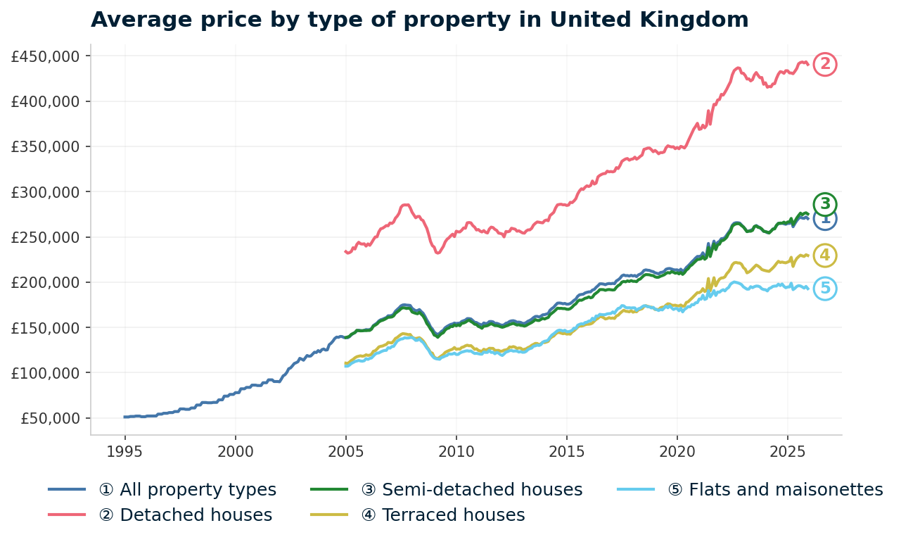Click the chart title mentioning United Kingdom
point(419,20)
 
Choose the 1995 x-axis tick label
point(125,450)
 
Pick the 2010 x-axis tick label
point(456,450)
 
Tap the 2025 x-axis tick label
point(787,450)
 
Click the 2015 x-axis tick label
point(566,450)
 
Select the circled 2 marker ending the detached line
point(825,65)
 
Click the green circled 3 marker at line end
point(825,204)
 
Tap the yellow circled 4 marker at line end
point(825,256)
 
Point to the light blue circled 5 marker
point(825,289)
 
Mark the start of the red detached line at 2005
point(345,251)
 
